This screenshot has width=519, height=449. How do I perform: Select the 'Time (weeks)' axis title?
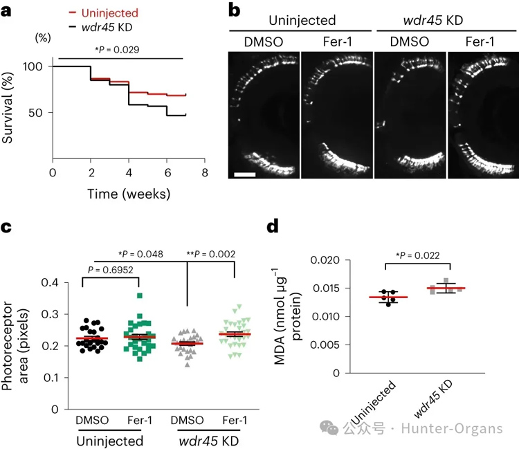click(x=128, y=194)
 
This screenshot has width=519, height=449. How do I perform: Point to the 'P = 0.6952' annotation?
click(x=111, y=268)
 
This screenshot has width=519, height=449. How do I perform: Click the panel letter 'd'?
click(x=273, y=227)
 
